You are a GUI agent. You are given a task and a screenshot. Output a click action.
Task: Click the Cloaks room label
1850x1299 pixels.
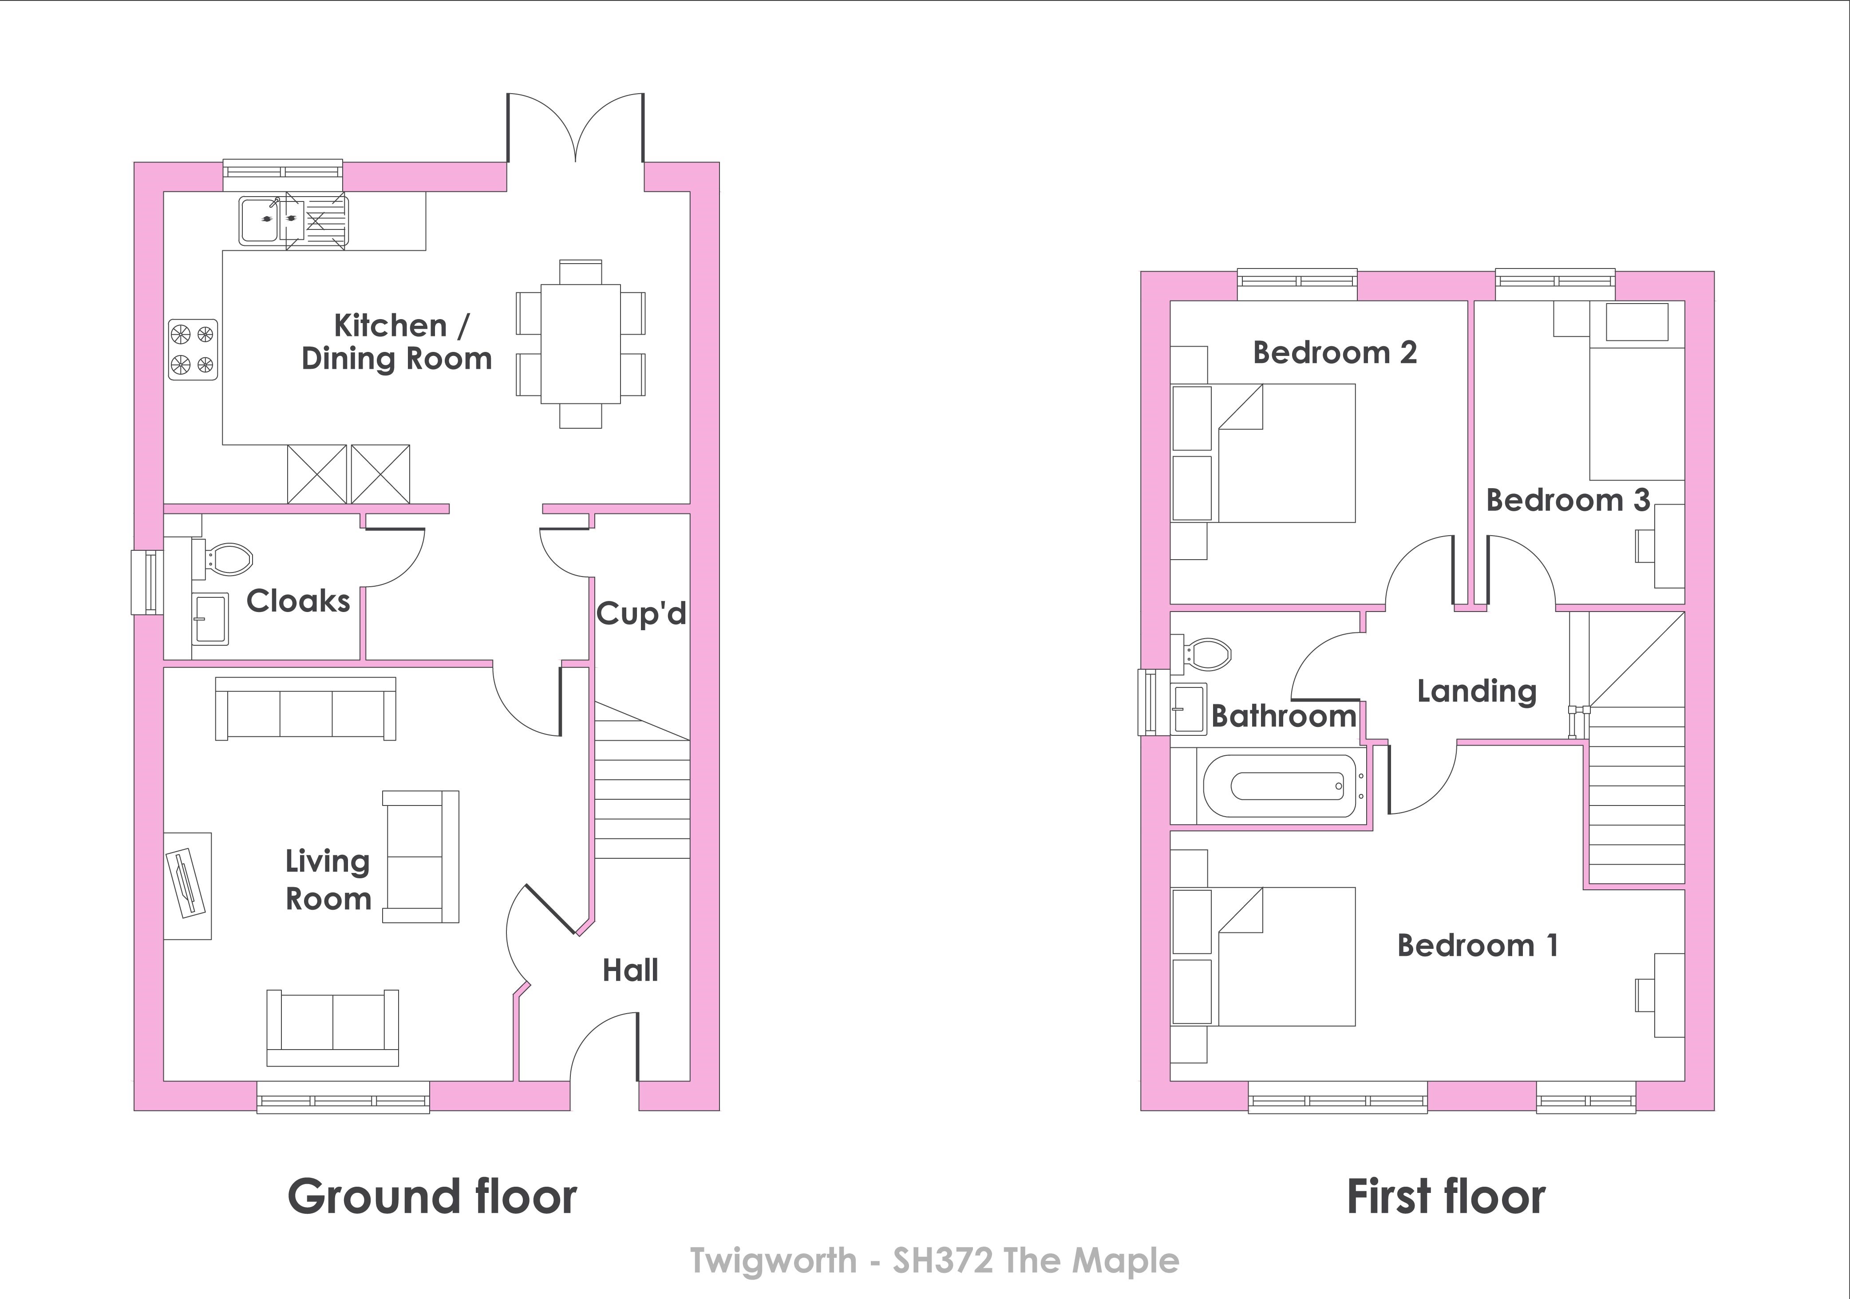coord(298,601)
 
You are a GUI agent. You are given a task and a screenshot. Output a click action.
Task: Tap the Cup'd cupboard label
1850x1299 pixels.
coord(641,614)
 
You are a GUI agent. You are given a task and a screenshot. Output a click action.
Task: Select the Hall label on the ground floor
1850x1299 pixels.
coord(630,970)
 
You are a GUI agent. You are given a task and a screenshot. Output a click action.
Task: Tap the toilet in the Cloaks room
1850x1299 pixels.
coord(225,558)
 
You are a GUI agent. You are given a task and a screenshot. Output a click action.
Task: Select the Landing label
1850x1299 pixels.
coord(1477,691)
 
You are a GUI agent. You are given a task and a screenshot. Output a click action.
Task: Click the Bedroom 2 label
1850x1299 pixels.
coord(1335,353)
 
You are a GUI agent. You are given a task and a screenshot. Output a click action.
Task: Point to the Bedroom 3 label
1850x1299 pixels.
coord(1568,501)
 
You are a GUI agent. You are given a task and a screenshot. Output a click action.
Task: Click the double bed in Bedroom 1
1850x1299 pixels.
coord(1287,956)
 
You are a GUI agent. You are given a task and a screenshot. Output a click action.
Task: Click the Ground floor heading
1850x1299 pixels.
coord(433,1196)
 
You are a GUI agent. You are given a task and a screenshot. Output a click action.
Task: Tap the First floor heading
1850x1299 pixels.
coord(1447,1196)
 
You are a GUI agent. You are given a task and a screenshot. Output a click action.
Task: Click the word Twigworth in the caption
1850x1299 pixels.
coord(774,1261)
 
